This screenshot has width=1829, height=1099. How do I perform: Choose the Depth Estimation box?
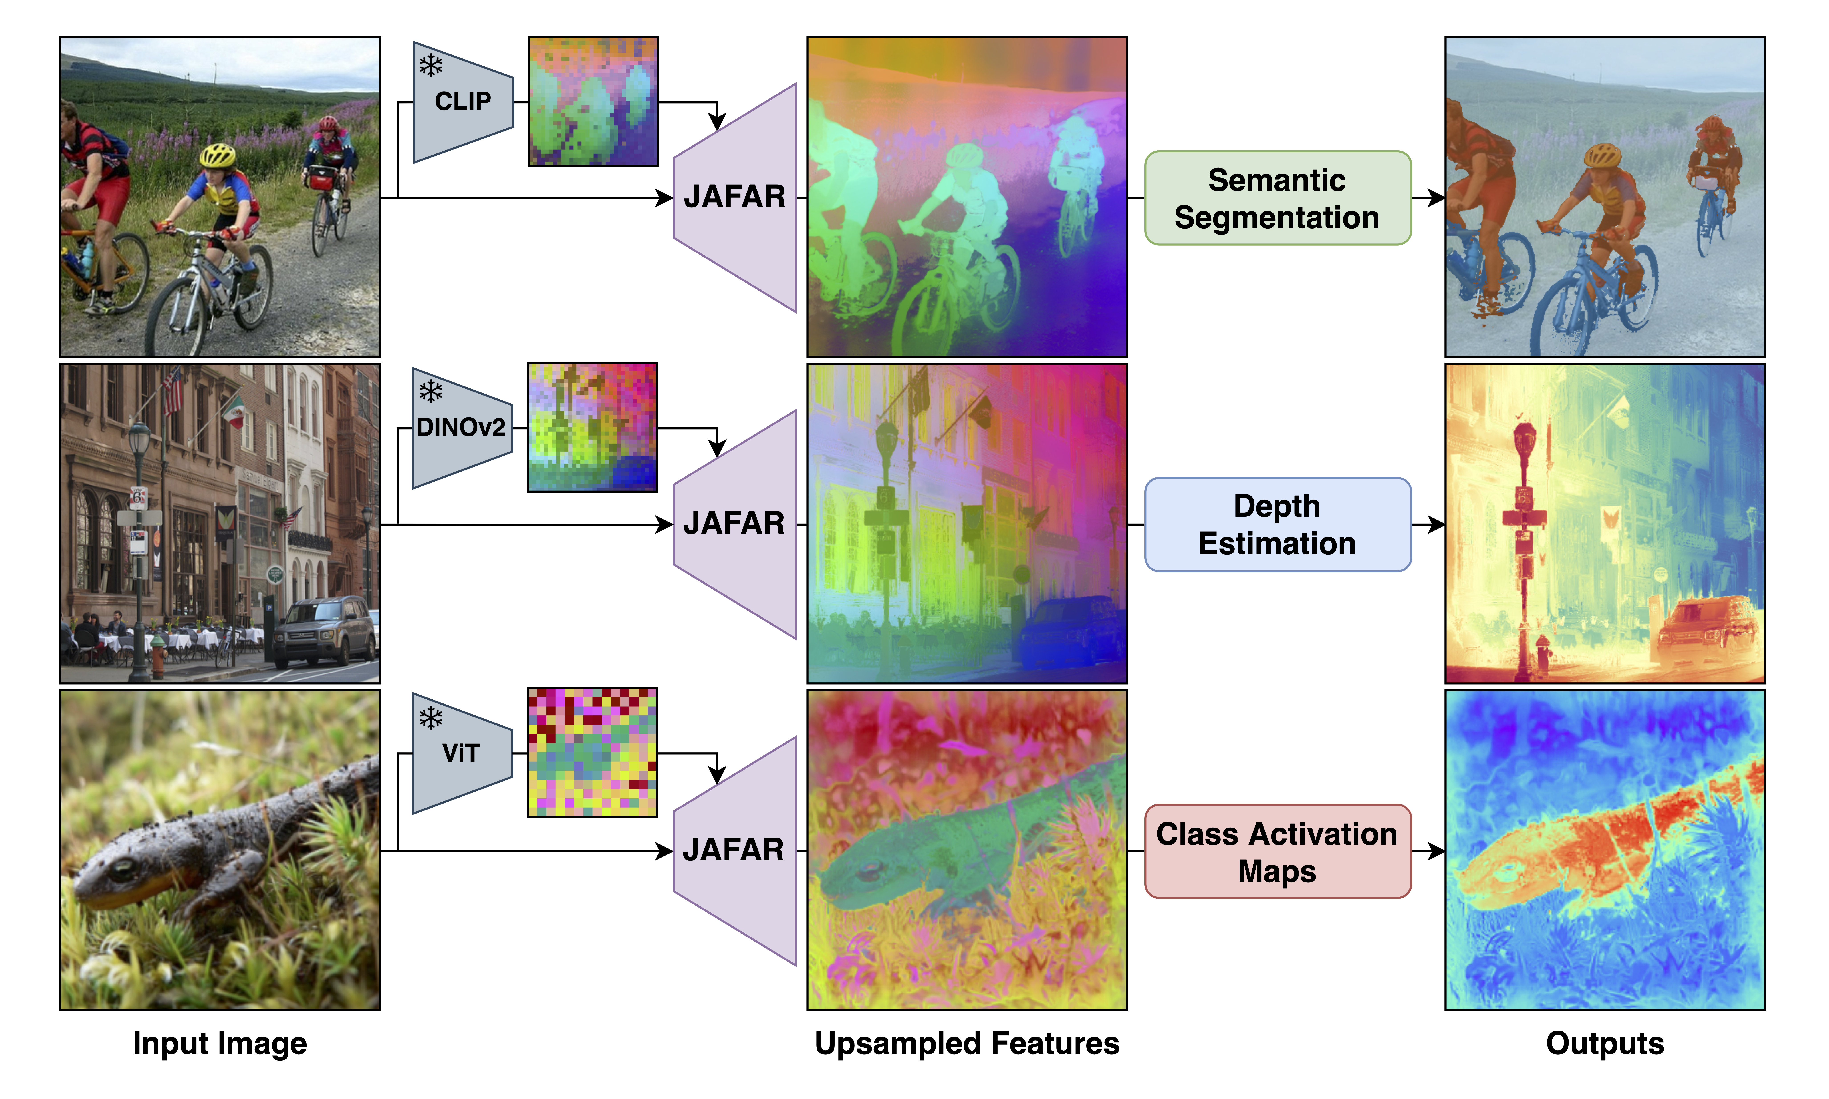click(x=1277, y=524)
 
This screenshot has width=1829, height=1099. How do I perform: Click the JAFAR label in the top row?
click(x=734, y=197)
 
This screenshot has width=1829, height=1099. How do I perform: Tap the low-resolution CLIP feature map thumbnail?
click(x=593, y=101)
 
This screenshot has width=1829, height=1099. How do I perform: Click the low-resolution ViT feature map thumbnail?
click(x=592, y=752)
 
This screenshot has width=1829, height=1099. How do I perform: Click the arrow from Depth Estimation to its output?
click(x=1428, y=524)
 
